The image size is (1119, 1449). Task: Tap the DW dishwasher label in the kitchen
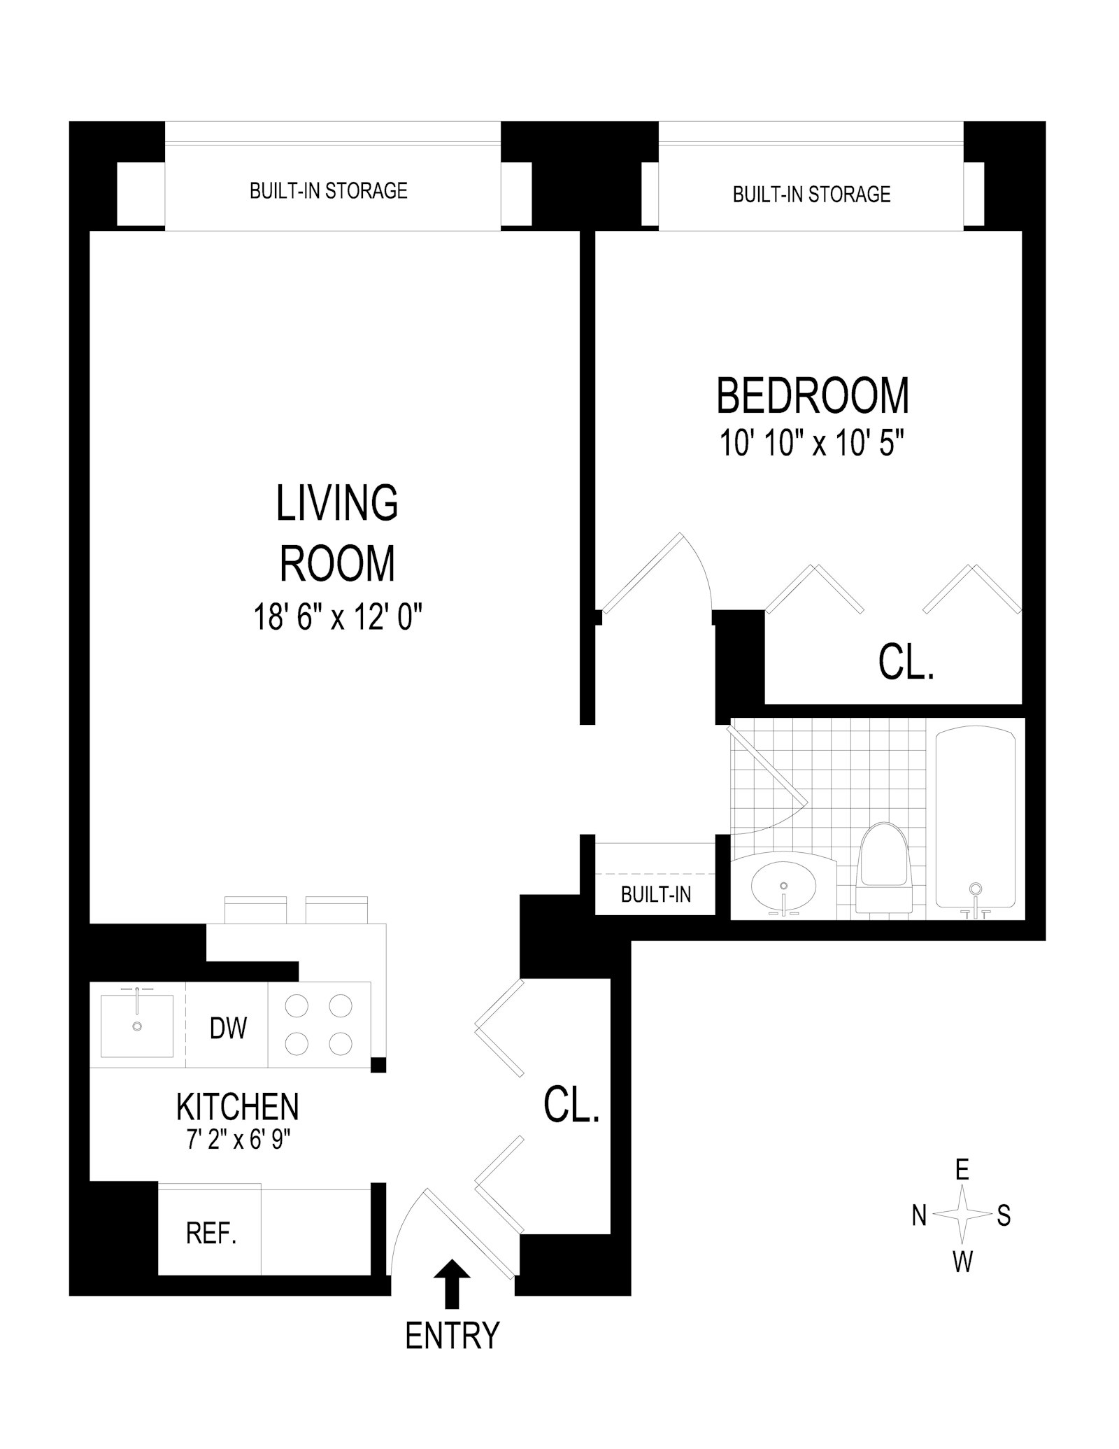pyautogui.click(x=228, y=1028)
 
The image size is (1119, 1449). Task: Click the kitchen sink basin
pyautogui.click(x=137, y=1026)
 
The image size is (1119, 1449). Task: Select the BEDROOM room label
pyautogui.click(x=813, y=395)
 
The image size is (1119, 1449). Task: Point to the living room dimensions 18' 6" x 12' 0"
pyautogui.click(x=338, y=618)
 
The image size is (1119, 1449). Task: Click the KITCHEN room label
pyautogui.click(x=237, y=1106)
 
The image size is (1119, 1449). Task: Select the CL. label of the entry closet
pyautogui.click(x=571, y=1106)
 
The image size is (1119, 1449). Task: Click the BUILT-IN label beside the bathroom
pyautogui.click(x=655, y=893)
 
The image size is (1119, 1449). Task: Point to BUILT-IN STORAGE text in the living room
pyautogui.click(x=328, y=190)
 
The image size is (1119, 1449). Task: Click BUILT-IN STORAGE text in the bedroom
pyautogui.click(x=811, y=194)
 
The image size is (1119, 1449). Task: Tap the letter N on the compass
pyautogui.click(x=919, y=1216)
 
